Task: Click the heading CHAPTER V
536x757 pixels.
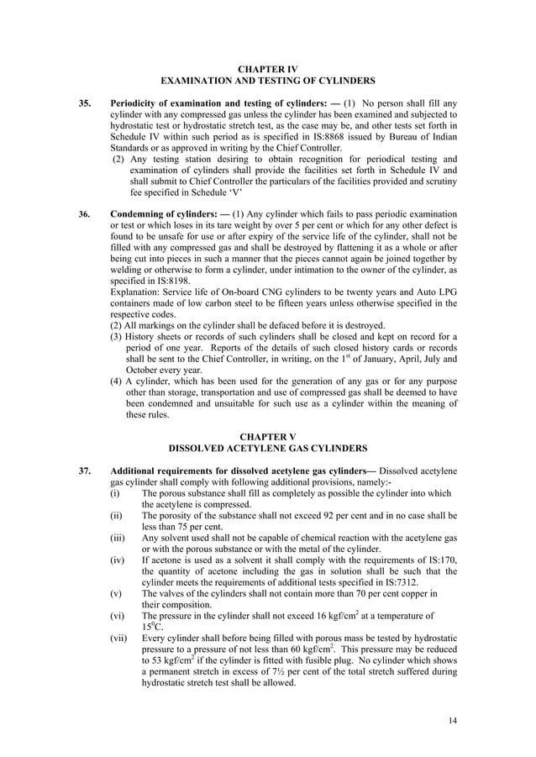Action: pyautogui.click(x=268, y=438)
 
